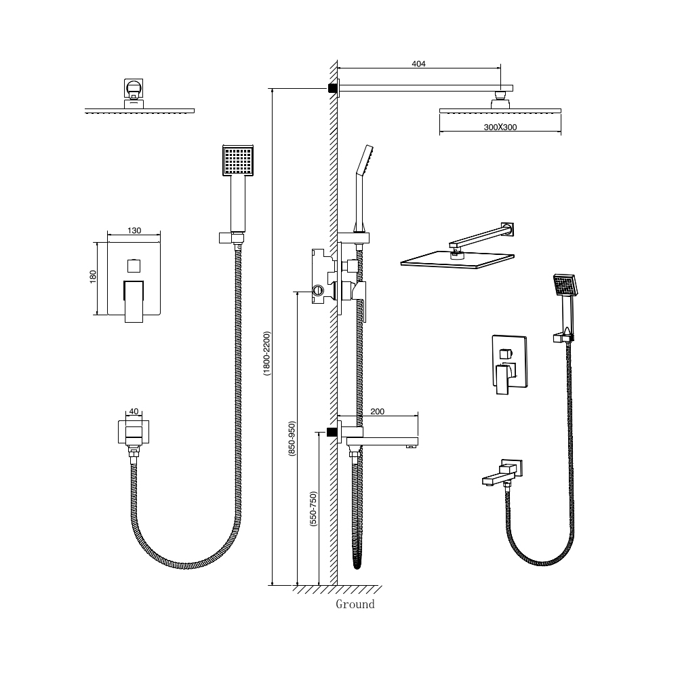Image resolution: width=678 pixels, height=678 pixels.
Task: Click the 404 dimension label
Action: (418, 64)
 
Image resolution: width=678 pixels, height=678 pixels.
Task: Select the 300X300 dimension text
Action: (500, 127)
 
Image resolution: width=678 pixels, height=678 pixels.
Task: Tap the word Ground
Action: (355, 604)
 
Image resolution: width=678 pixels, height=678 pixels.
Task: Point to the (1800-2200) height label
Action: (266, 353)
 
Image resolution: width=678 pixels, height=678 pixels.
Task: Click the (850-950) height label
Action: (292, 439)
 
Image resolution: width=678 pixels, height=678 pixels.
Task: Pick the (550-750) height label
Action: (313, 509)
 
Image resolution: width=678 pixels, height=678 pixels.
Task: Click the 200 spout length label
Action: (377, 412)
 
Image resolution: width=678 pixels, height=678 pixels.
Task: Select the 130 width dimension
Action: (134, 231)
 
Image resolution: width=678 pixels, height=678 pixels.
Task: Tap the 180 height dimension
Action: (92, 277)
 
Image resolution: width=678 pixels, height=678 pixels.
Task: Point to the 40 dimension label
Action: (134, 412)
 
